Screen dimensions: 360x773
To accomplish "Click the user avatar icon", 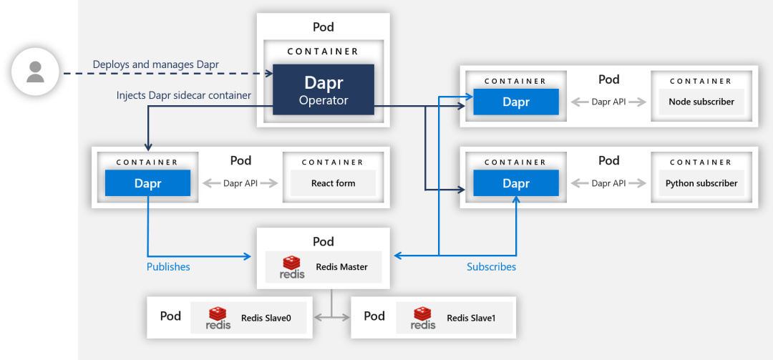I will (35, 72).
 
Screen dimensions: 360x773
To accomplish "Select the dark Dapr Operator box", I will (324, 89).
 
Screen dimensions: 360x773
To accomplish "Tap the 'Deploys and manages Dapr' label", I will (155, 64).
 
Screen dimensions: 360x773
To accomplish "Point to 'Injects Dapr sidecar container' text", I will (184, 95).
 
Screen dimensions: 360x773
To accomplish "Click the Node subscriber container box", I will (701, 102).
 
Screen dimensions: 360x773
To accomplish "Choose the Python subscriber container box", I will (701, 183).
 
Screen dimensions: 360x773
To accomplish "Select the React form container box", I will (333, 183).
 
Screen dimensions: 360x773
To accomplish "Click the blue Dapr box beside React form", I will (147, 183).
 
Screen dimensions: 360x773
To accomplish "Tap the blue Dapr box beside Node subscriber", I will (515, 102).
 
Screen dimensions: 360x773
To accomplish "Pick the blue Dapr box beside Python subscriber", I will (515, 183).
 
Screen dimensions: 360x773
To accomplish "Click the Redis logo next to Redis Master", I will (293, 267).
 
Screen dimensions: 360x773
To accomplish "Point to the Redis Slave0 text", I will (266, 318).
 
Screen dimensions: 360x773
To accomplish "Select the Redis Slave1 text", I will (471, 318).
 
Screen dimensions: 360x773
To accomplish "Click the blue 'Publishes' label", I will (168, 267).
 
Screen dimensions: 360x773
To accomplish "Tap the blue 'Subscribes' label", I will (491, 267).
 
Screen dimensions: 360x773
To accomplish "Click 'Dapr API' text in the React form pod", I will (240, 183).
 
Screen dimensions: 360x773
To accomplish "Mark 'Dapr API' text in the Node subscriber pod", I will (609, 102).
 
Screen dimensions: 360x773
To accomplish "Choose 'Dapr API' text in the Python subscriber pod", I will (609, 183).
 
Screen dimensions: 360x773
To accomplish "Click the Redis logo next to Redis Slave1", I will (423, 318).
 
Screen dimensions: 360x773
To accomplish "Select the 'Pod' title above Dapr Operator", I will (324, 27).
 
